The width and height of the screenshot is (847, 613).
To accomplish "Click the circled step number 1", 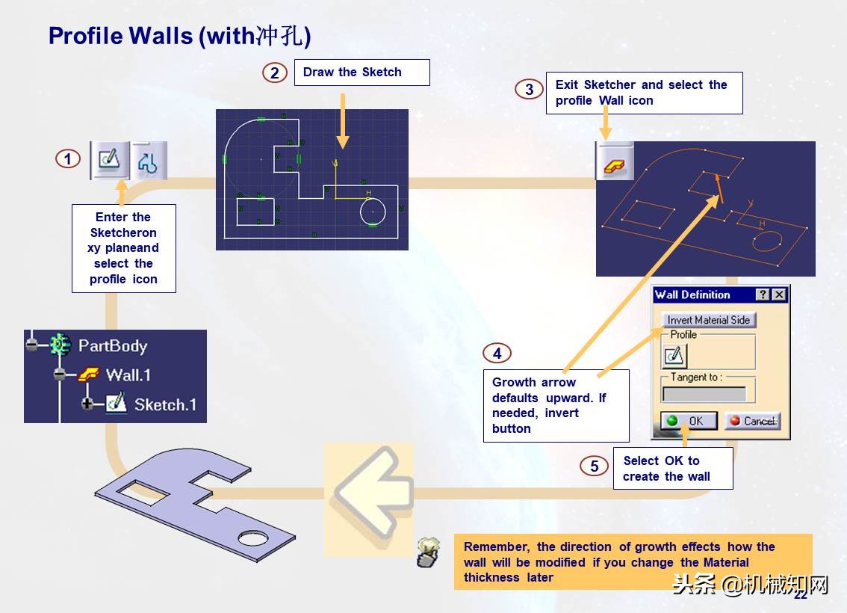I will tap(67, 159).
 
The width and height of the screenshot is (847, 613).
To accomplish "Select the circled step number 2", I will tap(275, 73).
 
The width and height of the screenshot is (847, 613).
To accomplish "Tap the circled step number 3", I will tap(529, 90).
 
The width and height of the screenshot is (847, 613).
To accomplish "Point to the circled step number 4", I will tap(497, 354).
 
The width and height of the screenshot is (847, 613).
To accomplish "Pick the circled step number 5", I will tap(594, 466).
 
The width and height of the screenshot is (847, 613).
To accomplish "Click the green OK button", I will tap(689, 421).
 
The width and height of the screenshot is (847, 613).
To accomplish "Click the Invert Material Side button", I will tap(708, 320).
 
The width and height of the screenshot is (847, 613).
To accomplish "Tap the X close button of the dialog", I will tap(779, 295).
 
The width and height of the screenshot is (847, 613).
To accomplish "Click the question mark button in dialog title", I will tap(763, 295).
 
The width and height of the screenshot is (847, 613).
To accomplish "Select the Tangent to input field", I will tap(704, 394).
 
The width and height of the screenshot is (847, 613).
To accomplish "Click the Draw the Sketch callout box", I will tap(362, 73).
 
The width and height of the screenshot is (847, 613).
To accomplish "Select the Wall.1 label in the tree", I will tap(127, 375).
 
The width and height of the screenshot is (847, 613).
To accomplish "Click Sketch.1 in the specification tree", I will tap(165, 405).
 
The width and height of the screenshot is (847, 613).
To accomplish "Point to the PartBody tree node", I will tap(112, 345).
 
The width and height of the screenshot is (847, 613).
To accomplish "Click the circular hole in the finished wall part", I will tap(254, 538).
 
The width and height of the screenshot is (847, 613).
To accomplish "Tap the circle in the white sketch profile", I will tap(373, 212).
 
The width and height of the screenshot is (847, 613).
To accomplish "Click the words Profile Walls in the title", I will tap(120, 35).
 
